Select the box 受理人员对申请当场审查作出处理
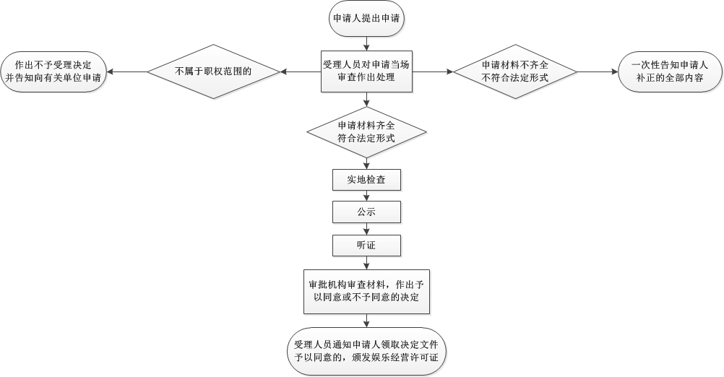pos(366,71)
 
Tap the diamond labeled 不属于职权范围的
pos(213,71)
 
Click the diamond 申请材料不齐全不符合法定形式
pos(514,71)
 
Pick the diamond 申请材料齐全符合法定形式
pos(366,131)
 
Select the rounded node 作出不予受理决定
pos(54,71)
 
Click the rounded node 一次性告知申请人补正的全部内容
pos(669,71)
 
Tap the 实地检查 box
pos(366,179)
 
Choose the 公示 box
pos(366,212)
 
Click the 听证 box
pos(366,246)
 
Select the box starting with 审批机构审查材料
pos(366,291)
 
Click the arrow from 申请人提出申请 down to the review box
pos(366,42)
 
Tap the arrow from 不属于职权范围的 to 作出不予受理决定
pos(128,71)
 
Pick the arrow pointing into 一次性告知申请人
pos(598,71)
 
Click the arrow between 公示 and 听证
pos(366,228)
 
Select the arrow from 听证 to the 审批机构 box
pos(366,262)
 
